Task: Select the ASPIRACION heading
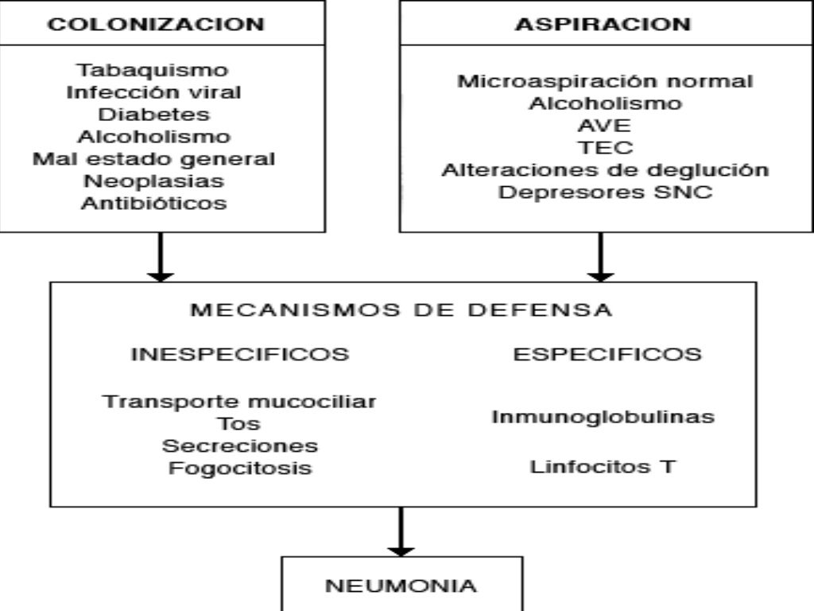click(603, 24)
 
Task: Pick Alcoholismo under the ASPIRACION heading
click(605, 103)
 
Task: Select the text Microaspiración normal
click(605, 81)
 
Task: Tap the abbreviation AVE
click(605, 126)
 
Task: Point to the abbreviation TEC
click(605, 148)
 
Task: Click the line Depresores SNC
click(605, 193)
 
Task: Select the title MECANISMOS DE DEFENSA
click(401, 310)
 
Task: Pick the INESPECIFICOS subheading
click(240, 355)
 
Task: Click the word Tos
click(240, 423)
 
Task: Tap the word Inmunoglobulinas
click(602, 417)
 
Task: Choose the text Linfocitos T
click(602, 466)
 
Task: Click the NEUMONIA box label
click(402, 587)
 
